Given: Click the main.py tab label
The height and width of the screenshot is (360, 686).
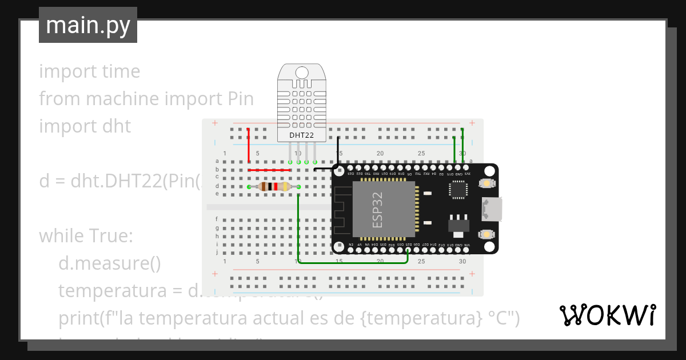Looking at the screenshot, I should [88, 25].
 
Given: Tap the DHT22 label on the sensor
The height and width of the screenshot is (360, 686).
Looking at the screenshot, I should [301, 135].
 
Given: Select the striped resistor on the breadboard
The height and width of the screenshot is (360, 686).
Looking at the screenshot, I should [273, 186].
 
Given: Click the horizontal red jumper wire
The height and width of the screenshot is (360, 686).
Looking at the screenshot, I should [269, 170].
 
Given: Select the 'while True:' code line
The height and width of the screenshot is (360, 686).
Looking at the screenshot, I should [86, 235].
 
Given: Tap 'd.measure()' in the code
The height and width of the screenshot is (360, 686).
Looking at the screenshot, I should [109, 263].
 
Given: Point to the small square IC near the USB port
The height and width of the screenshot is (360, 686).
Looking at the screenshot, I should [458, 190].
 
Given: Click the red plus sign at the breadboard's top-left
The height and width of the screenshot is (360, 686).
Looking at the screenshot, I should [215, 123].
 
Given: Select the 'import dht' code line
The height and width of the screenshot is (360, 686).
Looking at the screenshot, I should [85, 126].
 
